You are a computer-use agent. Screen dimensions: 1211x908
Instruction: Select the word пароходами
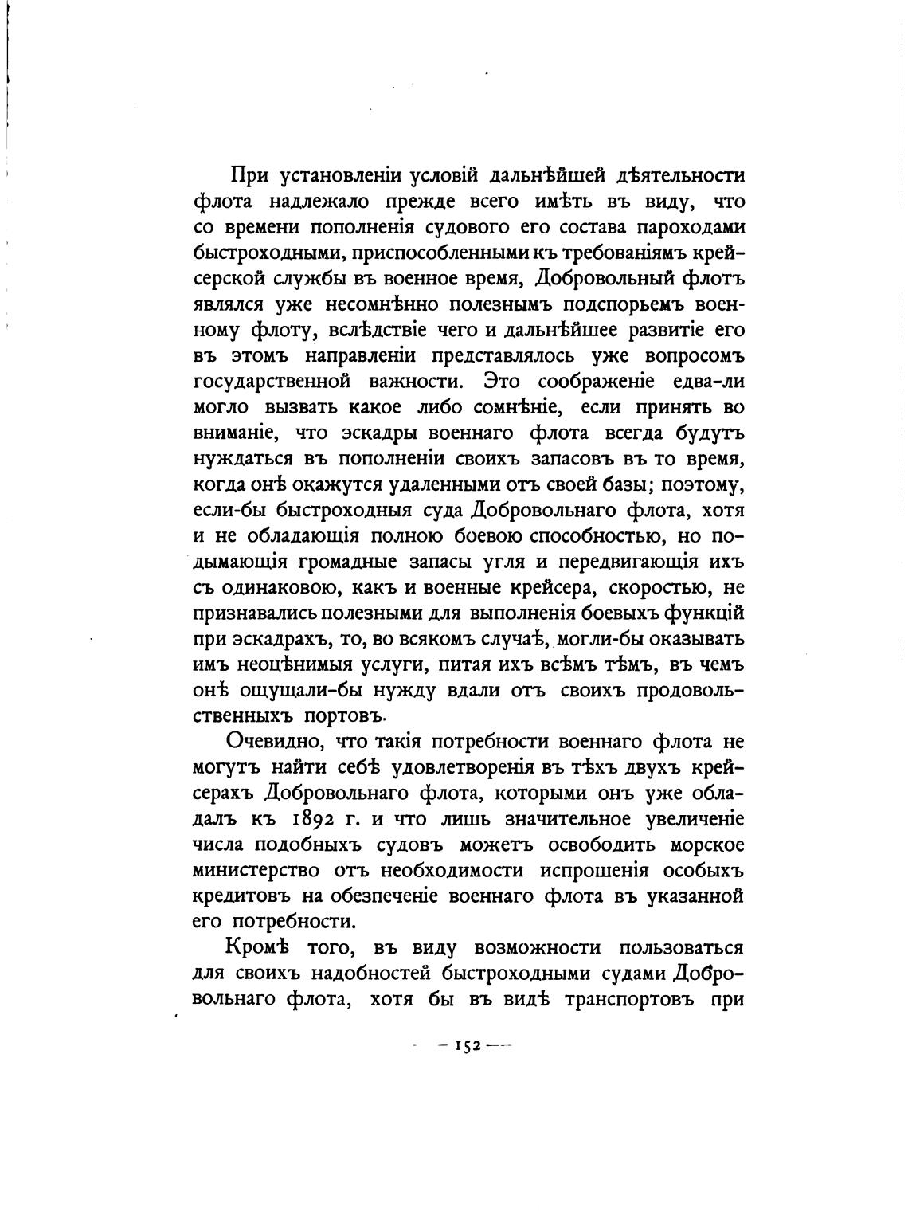[686, 227]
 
